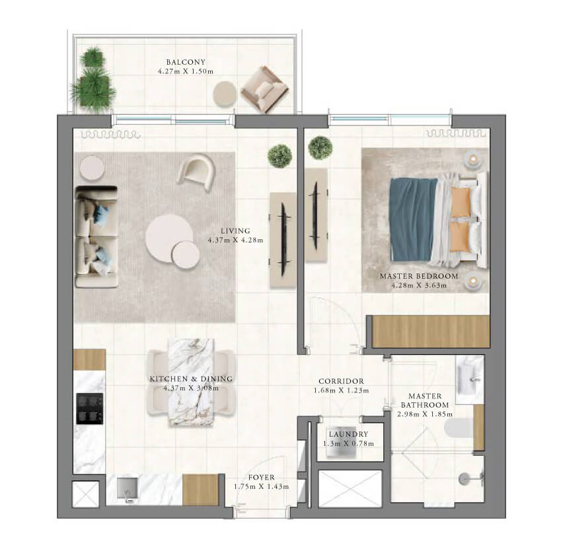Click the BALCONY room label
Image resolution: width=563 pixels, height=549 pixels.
click(x=186, y=62)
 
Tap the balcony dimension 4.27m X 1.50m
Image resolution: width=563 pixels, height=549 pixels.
click(x=186, y=71)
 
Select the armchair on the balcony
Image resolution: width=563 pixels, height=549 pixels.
click(x=264, y=89)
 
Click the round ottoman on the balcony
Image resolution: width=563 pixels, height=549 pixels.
click(x=225, y=94)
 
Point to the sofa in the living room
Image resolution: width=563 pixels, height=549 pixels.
click(x=96, y=237)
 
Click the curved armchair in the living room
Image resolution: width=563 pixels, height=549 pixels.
click(x=196, y=172)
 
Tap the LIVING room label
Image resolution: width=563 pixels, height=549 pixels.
click(x=235, y=231)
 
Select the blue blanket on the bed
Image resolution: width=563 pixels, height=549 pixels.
click(x=413, y=219)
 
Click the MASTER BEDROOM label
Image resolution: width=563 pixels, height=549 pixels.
click(x=419, y=276)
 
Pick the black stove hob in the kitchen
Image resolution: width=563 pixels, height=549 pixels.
click(x=90, y=408)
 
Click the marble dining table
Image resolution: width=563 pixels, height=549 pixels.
click(x=191, y=383)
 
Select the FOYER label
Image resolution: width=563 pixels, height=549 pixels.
click(x=262, y=478)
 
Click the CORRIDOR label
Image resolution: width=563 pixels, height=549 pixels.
click(x=341, y=381)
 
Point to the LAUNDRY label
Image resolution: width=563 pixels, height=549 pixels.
click(x=348, y=434)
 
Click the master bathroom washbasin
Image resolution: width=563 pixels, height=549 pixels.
click(x=470, y=379)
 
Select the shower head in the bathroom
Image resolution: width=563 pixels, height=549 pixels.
click(x=465, y=478)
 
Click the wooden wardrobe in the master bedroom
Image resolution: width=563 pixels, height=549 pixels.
click(x=430, y=332)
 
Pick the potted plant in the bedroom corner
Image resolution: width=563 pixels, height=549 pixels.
click(x=320, y=147)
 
